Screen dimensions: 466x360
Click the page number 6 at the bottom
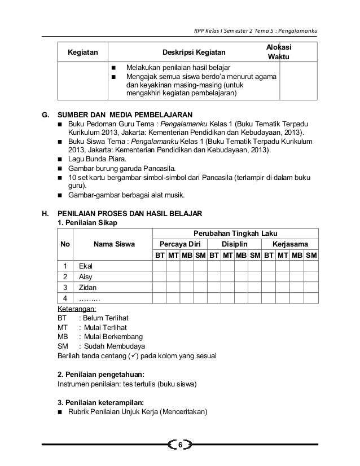coord(180,446)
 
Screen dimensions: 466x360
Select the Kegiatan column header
coord(82,53)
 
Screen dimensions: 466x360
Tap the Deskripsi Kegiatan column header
coord(195,53)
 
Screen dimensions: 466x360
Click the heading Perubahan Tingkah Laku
coord(235,234)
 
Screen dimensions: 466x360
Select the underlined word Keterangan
coord(77,309)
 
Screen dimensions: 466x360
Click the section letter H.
coord(45,214)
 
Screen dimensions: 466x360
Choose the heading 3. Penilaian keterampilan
coord(101,402)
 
